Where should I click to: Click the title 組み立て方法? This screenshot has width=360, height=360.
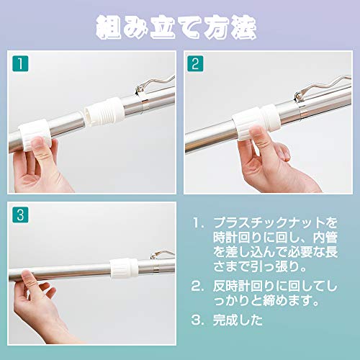coord(176,27)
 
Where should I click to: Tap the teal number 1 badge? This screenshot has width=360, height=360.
coord(20,63)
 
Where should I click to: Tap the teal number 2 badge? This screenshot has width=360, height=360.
coord(195,63)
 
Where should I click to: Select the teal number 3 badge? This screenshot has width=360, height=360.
coord(20,215)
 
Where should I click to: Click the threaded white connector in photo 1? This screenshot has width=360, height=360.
coord(104,112)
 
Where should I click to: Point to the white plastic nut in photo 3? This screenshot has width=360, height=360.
coord(125,269)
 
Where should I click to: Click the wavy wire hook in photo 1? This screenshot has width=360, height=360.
coord(155,85)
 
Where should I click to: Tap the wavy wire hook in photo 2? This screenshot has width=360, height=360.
coord(322,88)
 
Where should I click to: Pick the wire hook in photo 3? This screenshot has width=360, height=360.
coord(161,254)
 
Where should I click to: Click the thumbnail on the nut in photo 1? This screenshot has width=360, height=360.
coord(37,142)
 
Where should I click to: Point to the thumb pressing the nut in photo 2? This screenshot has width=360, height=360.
coord(256,135)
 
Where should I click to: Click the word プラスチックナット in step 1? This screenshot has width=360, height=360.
coord(269,222)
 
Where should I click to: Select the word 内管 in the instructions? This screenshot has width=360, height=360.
coord(325,238)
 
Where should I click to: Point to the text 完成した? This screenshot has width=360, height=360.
coord(238,320)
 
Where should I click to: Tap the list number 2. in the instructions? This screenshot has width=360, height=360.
coord(197,287)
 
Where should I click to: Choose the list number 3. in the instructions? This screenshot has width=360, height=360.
coord(197,320)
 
